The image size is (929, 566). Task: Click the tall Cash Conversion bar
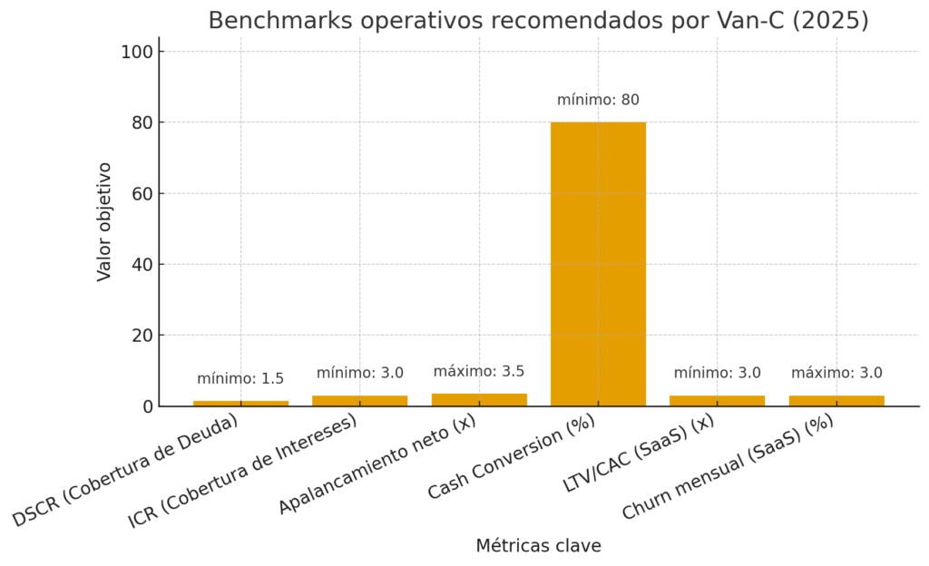point(598,263)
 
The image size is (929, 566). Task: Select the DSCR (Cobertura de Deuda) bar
point(240,403)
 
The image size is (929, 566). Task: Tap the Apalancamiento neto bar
point(479,399)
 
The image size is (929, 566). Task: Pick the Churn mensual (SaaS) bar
point(836,400)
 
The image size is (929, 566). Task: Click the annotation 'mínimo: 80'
point(598,100)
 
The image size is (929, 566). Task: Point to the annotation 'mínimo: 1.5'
point(240,379)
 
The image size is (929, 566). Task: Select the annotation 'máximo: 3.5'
point(479,371)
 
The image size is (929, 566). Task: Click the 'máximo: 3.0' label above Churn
point(836,373)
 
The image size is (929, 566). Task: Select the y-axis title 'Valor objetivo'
point(104,221)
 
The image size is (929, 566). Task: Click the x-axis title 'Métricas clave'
point(538,546)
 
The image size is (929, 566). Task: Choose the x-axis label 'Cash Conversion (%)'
point(513,461)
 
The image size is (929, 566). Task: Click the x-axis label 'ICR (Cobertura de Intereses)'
point(243,472)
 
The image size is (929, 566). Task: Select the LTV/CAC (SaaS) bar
point(717,400)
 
